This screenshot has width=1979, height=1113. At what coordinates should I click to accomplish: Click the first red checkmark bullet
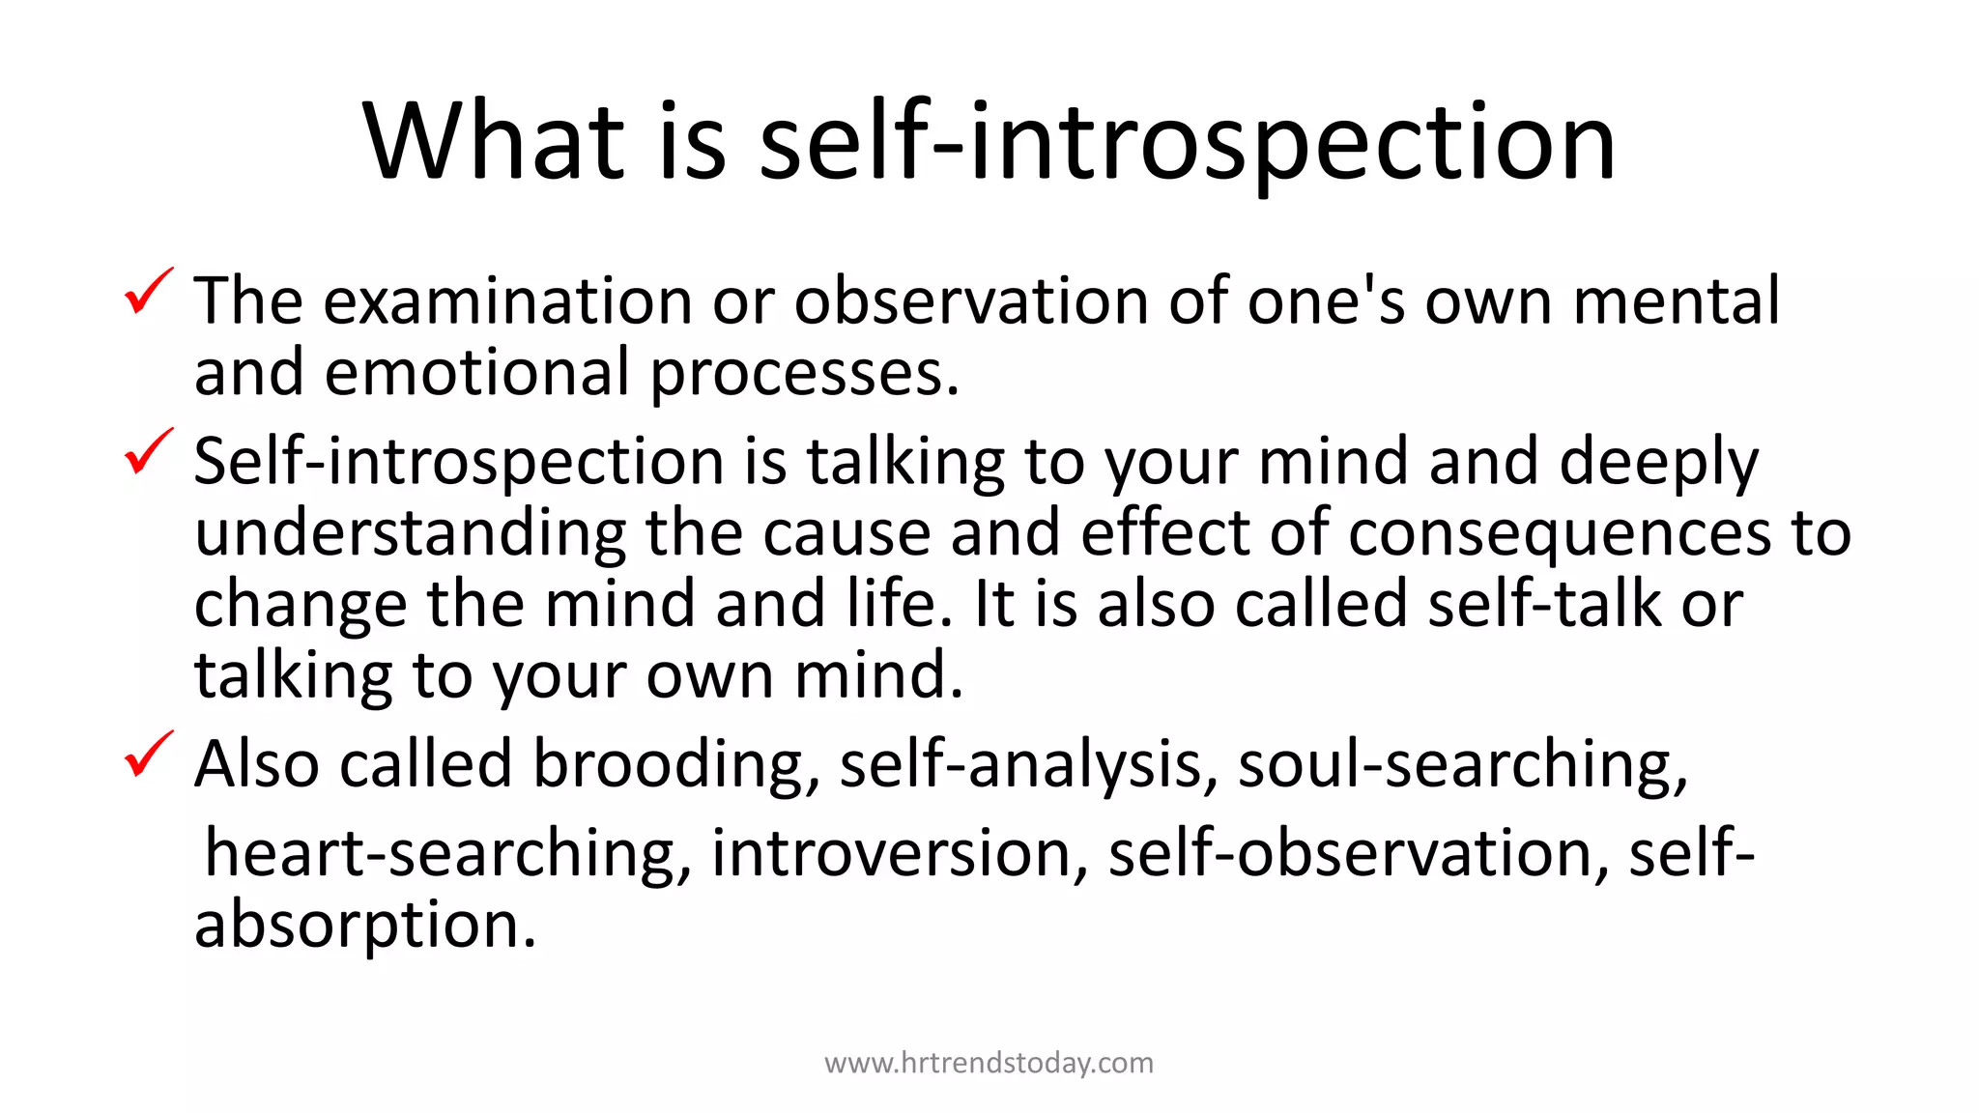149,292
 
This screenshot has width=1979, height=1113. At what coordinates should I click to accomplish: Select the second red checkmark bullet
149,452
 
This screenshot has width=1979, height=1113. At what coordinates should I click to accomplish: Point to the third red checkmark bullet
149,755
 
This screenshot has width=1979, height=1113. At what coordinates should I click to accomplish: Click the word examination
507,300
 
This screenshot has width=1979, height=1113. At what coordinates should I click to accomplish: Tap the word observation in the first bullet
972,300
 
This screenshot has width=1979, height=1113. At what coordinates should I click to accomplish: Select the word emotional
476,372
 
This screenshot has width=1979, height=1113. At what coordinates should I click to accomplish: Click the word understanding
410,534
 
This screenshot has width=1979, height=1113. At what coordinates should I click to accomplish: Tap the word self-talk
1545,604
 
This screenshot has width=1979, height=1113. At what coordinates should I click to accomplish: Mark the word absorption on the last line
364,926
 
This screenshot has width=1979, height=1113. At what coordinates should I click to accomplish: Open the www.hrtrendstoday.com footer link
989,1063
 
